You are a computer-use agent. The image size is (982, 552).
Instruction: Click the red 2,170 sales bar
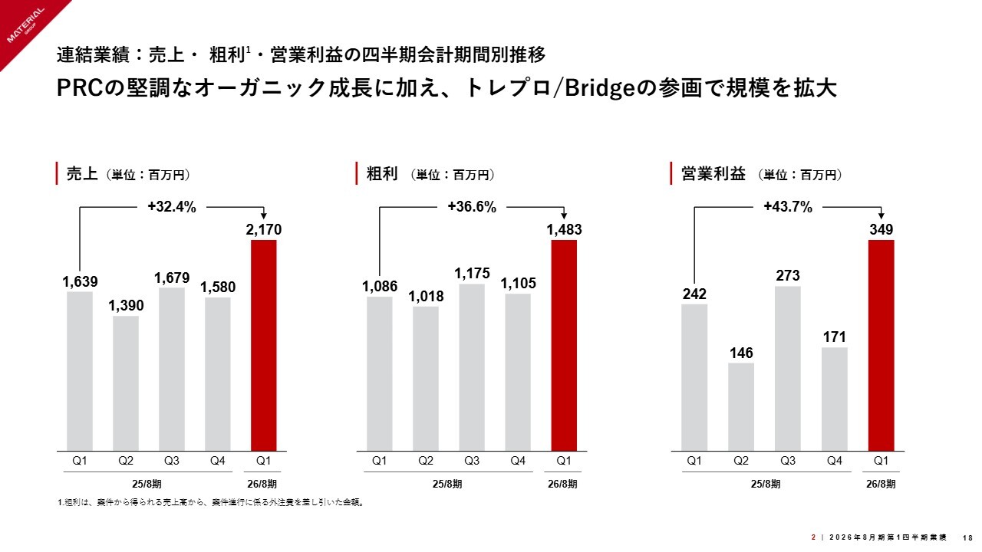coord(264,345)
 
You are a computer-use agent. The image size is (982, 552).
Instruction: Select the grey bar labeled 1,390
coord(126,383)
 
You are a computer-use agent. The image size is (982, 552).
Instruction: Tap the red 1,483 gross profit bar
coord(564,345)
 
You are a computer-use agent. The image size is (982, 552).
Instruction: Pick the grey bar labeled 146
coord(741,406)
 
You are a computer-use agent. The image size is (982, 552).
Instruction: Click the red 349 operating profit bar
coord(881,345)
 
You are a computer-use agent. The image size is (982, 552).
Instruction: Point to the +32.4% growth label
coord(172,206)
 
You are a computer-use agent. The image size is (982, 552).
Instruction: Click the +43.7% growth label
coord(788,206)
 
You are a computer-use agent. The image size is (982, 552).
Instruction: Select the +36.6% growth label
coord(472,206)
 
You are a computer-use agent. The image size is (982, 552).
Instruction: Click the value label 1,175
coord(472,273)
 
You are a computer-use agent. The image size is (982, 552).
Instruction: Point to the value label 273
coord(788,275)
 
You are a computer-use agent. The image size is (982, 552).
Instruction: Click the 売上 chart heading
coord(82,174)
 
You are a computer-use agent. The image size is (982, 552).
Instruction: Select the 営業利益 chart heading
coord(713,174)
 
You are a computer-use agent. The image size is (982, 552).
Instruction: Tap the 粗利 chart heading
coord(382,174)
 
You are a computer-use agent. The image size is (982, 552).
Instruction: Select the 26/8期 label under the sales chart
coord(263,484)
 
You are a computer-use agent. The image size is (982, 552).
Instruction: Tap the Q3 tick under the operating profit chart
coord(788,461)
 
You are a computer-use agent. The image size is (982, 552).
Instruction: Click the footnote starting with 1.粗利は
coord(210,503)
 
